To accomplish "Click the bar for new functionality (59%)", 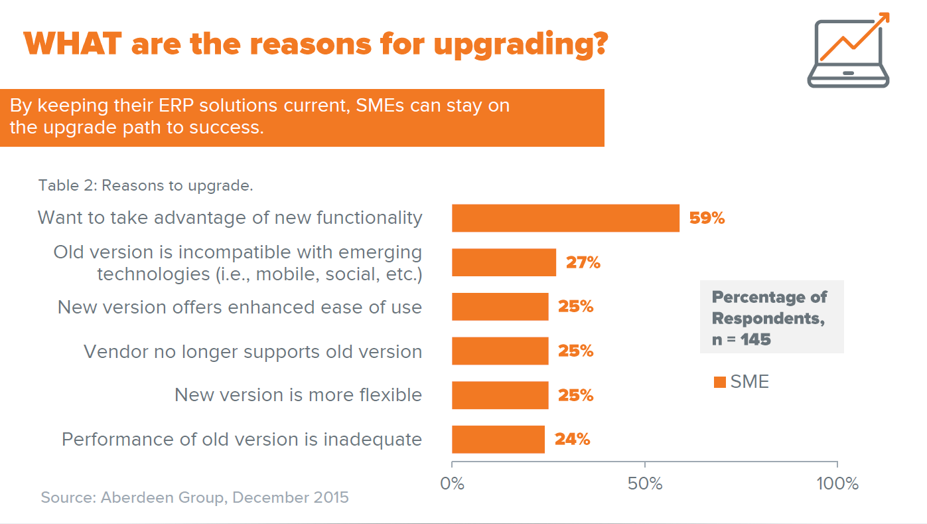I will coord(565,218).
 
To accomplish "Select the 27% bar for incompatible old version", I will coord(504,262).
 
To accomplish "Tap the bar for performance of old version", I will coord(498,440).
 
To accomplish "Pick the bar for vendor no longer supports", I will coord(500,351).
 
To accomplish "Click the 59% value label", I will coord(707,218).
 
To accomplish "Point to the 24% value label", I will coord(572,440).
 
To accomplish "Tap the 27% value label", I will coord(583,262).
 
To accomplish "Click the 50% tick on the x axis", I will coord(645,483).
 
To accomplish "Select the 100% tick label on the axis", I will coord(837,483).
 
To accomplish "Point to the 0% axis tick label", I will coord(453,483).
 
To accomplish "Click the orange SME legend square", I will coord(719,383).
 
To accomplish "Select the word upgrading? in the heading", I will coord(521,44).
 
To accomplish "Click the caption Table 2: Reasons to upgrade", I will coord(145,185).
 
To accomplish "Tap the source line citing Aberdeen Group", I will coord(194,497).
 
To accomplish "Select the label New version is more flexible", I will coord(298,395).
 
